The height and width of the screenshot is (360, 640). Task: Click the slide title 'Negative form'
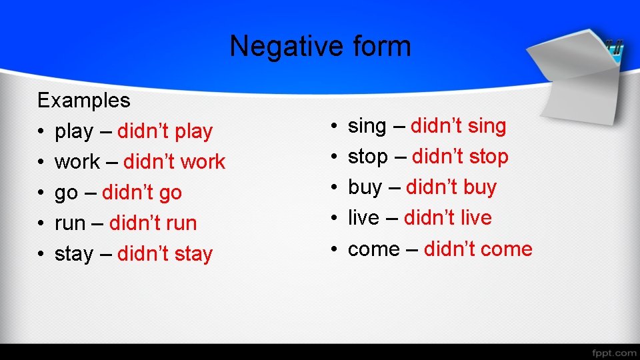[x=320, y=47]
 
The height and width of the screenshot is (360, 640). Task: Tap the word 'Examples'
[x=84, y=101]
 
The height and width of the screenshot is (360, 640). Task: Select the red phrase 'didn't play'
[x=165, y=131]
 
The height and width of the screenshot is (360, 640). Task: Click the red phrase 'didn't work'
[x=175, y=162]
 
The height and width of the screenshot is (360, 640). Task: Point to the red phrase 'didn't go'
[x=142, y=193]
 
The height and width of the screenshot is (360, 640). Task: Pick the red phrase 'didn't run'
[x=153, y=223]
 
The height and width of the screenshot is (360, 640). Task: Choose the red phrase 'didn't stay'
[x=165, y=254]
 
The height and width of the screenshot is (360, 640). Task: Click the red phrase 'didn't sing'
[x=459, y=126]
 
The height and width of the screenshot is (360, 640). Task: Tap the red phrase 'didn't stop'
[x=460, y=157]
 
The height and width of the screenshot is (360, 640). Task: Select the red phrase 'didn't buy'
[x=451, y=187]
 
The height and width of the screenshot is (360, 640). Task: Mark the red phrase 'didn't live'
[x=448, y=218]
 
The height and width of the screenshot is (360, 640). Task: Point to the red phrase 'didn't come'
[x=478, y=249]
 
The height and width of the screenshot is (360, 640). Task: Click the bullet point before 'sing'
[x=334, y=127]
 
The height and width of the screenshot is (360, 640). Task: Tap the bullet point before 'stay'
[x=41, y=255]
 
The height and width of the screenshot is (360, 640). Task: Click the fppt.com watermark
[x=613, y=352]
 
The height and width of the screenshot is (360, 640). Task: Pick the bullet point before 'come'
[x=334, y=250]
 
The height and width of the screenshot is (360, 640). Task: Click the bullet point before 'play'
[x=41, y=132]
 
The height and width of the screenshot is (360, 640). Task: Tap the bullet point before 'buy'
[x=334, y=188]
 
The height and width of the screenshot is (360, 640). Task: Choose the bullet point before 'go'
[x=41, y=193]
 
